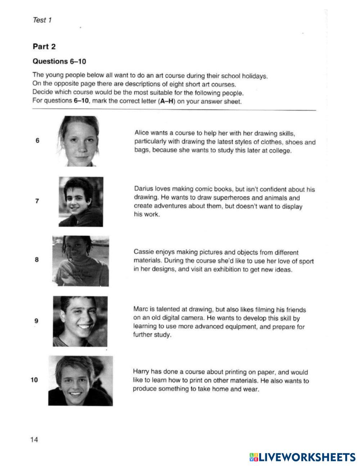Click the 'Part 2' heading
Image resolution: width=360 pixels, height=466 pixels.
tap(44, 46)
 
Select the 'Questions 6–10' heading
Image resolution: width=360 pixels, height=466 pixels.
tap(59, 61)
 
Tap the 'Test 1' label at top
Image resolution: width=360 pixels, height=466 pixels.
tap(42, 20)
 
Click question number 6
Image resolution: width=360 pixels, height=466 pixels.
tap(37, 141)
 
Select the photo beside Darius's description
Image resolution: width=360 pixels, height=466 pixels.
tap(81, 202)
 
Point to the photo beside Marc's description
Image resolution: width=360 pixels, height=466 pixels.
tap(80, 321)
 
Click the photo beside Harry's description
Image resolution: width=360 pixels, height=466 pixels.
tap(80, 380)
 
